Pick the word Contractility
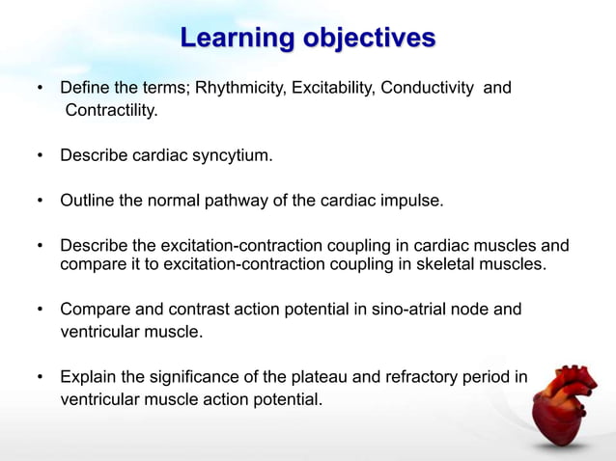pyautogui.click(x=110, y=111)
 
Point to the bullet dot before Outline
pyautogui.click(x=40, y=202)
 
